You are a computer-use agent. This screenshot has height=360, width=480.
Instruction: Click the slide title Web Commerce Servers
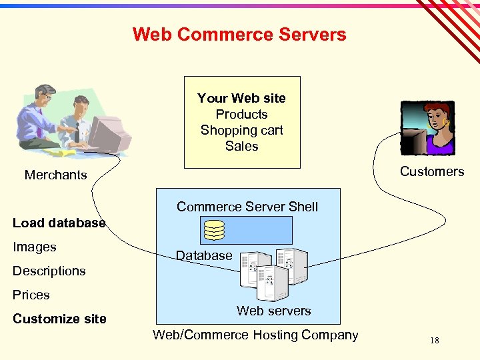239,35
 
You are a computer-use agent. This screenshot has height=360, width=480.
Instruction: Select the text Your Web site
241,98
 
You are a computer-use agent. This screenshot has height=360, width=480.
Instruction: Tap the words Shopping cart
241,130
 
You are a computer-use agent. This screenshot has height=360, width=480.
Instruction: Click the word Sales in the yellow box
241,146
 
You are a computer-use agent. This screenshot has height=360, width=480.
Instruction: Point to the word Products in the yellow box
241,114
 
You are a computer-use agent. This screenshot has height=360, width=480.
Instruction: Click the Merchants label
55,175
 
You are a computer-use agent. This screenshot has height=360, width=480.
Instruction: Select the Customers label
431,171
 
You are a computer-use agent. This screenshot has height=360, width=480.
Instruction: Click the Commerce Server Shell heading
247,207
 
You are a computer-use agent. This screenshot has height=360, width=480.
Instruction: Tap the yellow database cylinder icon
214,229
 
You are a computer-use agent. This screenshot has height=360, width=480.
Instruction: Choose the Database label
204,255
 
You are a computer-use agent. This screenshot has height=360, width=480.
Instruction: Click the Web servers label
273,311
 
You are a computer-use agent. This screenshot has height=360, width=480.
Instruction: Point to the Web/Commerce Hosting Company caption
255,335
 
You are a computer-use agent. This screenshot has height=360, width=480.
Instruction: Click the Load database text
59,223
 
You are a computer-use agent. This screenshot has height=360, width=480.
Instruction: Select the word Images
35,247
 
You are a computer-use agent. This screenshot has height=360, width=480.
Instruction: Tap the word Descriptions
49,271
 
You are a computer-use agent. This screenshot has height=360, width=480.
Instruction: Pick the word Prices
31,295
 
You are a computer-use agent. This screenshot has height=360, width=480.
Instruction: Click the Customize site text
59,319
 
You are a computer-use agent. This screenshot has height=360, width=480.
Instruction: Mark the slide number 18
434,341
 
